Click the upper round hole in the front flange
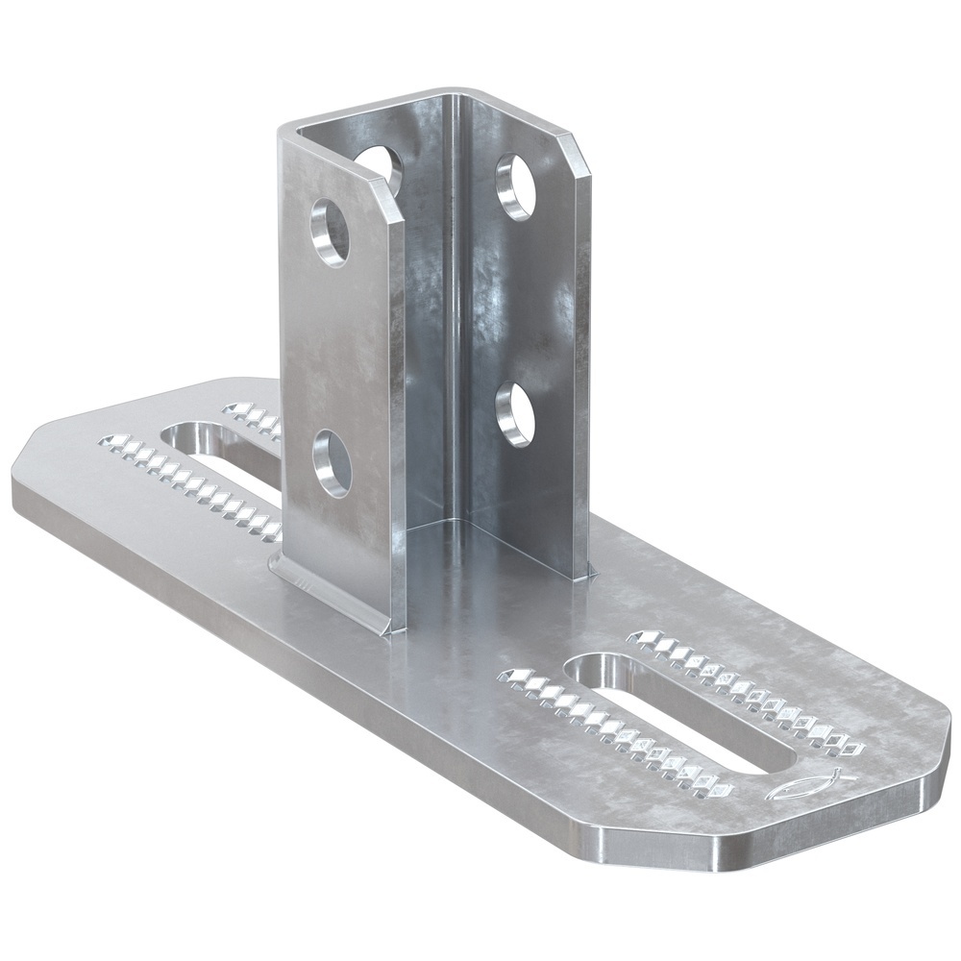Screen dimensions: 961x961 tap(330, 232)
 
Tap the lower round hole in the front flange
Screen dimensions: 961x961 tap(333, 463)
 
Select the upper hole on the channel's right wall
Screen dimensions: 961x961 tap(516, 186)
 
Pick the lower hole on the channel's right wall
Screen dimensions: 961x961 tap(516, 414)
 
